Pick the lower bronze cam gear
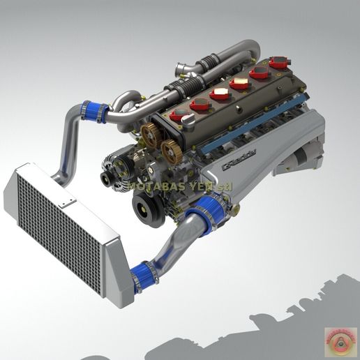[168, 149]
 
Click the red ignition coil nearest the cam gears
[179, 114]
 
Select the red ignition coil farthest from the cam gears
[278, 62]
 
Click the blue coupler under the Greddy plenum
[212, 207]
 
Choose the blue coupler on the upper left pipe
[93, 110]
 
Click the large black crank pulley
[149, 207]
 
